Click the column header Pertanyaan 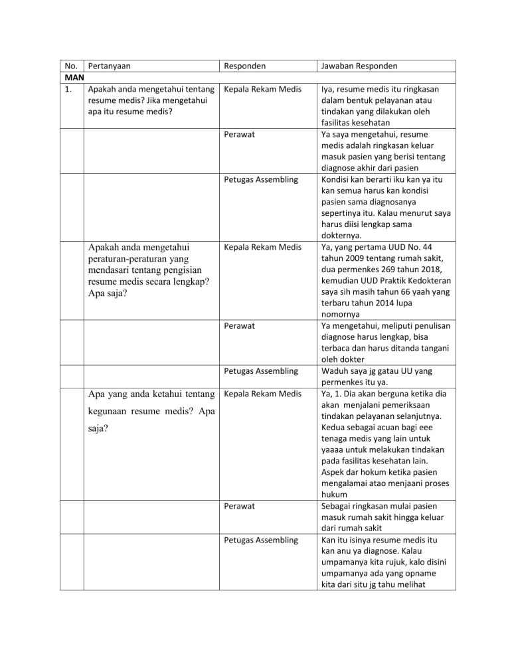click(109, 66)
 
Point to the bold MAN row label click(74, 78)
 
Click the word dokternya click(343, 236)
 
